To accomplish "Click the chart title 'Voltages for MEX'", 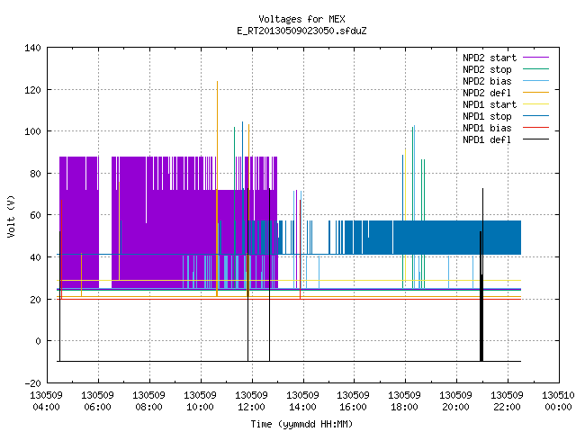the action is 301,19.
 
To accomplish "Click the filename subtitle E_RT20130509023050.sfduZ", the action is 301,31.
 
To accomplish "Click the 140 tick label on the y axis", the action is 32,48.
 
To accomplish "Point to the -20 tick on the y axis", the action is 32,383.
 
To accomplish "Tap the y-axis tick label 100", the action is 32,131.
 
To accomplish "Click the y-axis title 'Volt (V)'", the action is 11,216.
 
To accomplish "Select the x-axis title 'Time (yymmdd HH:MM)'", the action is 301,424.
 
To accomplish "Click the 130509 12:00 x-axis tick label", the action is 251,401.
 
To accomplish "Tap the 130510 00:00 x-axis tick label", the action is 558,401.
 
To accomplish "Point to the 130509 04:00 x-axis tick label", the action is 46,401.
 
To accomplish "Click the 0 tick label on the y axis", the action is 38,341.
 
